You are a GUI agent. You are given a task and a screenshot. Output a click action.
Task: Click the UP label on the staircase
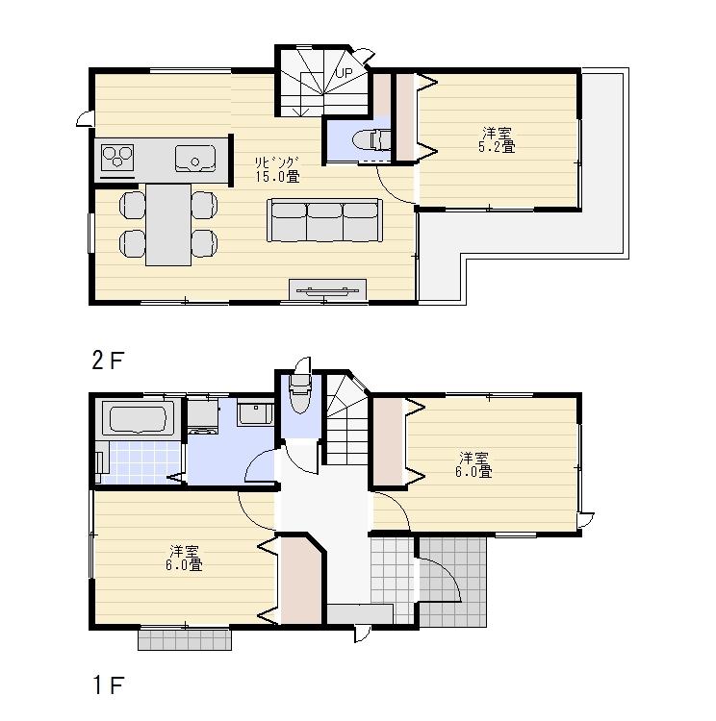click(344, 72)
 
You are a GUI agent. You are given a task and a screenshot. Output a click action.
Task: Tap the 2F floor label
click(109, 360)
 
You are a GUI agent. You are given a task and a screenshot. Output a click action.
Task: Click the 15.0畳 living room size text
click(277, 176)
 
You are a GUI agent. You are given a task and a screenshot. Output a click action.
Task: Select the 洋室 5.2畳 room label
click(497, 139)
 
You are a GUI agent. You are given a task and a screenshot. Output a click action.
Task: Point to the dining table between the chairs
click(168, 222)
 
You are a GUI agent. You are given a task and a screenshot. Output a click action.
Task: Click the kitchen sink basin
click(195, 158)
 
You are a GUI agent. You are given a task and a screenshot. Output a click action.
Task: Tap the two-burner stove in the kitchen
click(118, 157)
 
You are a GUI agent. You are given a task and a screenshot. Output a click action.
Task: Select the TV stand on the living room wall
click(328, 289)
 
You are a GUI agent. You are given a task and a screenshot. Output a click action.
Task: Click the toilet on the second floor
click(371, 140)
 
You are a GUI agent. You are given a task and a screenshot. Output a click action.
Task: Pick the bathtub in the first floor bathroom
click(138, 420)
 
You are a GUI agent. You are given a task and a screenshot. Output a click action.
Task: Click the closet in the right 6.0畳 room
click(389, 439)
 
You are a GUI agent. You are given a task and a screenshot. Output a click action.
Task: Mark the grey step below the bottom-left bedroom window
click(184, 638)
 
